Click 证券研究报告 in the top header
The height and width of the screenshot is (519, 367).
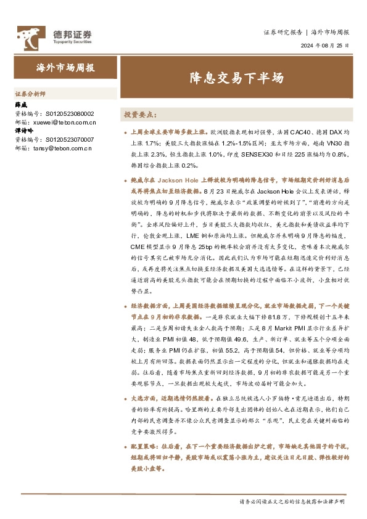click(282, 31)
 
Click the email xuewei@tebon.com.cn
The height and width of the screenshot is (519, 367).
click(62, 122)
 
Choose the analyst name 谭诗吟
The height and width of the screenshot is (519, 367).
click(23, 131)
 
